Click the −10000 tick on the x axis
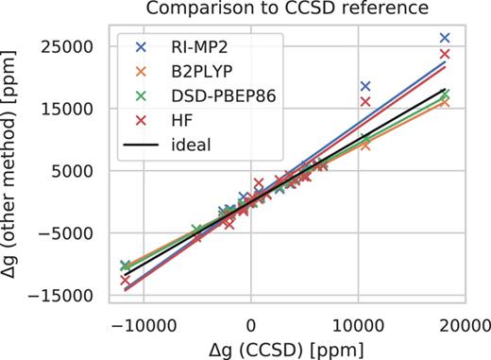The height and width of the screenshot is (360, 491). (142, 321)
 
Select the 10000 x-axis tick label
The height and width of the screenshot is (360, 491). (357, 321)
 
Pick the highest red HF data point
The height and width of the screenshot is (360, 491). (445, 54)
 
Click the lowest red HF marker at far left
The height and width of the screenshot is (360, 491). (126, 281)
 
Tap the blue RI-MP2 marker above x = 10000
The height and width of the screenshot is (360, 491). (365, 86)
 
